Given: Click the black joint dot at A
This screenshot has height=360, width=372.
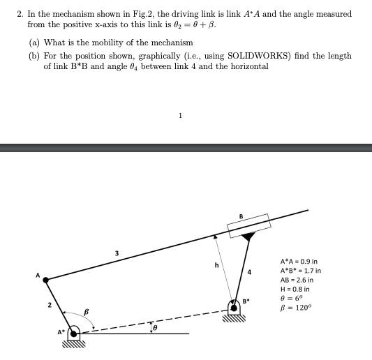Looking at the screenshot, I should pos(46,280).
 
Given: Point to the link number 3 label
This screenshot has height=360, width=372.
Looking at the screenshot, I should pos(117,251).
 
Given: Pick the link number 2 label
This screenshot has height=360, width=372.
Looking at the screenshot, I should pos(49,305).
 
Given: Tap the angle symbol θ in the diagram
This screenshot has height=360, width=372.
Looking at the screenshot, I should pos(156,325).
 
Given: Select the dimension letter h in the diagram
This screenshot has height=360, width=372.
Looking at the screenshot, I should pos(216,264).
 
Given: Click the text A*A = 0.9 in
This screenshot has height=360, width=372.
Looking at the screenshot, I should pos(300,260).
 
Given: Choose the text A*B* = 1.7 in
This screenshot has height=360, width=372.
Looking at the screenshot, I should pos(300,270).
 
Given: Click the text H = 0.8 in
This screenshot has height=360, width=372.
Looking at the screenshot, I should pos(295,289).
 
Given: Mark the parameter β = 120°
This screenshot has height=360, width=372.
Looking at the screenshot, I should pos(296,308).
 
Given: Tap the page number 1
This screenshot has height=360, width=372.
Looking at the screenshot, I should pos(181,116).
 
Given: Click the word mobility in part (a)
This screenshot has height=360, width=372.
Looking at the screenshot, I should pos(112,43).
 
